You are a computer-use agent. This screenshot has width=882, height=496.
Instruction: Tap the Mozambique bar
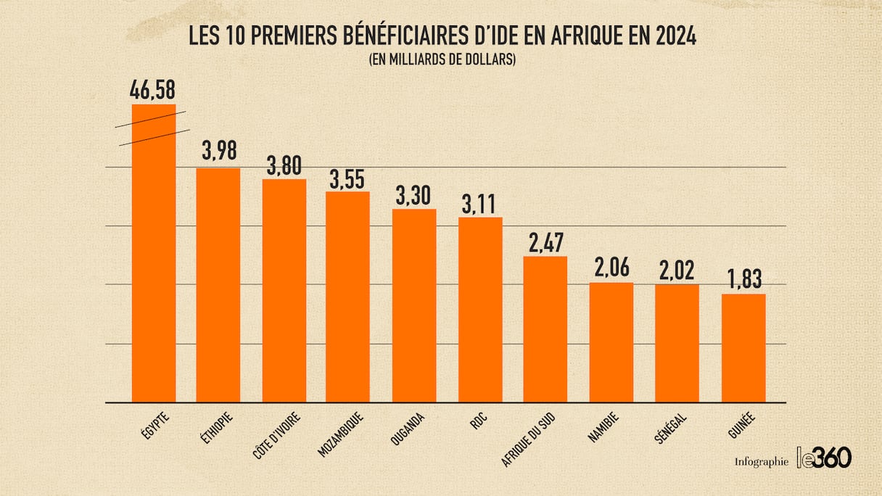tap(347, 297)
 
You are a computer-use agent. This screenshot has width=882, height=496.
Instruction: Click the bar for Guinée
tap(743, 348)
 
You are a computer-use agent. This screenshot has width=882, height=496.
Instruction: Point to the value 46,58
tap(152, 91)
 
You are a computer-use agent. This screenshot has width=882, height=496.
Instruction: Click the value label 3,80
tap(284, 165)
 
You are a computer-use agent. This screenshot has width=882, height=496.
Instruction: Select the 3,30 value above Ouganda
tap(414, 196)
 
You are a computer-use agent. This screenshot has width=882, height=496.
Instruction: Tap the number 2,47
tap(545, 243)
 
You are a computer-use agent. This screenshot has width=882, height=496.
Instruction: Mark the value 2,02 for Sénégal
tap(677, 271)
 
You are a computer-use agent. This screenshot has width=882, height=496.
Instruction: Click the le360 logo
tap(824, 458)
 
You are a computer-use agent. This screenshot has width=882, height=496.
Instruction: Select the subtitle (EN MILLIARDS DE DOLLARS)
tap(442, 60)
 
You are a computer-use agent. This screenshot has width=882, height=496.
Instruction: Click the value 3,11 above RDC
tap(480, 204)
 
